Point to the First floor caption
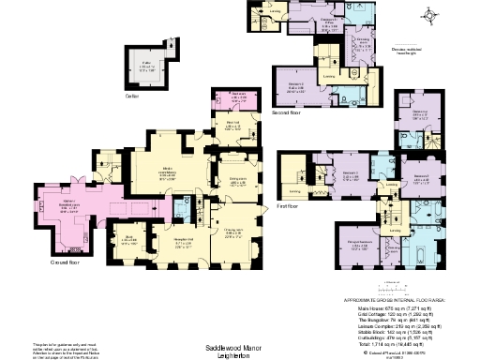pyautogui.click(x=286, y=206)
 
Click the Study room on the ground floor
pyautogui.click(x=132, y=241)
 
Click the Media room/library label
pyautogui.click(x=170, y=172)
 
